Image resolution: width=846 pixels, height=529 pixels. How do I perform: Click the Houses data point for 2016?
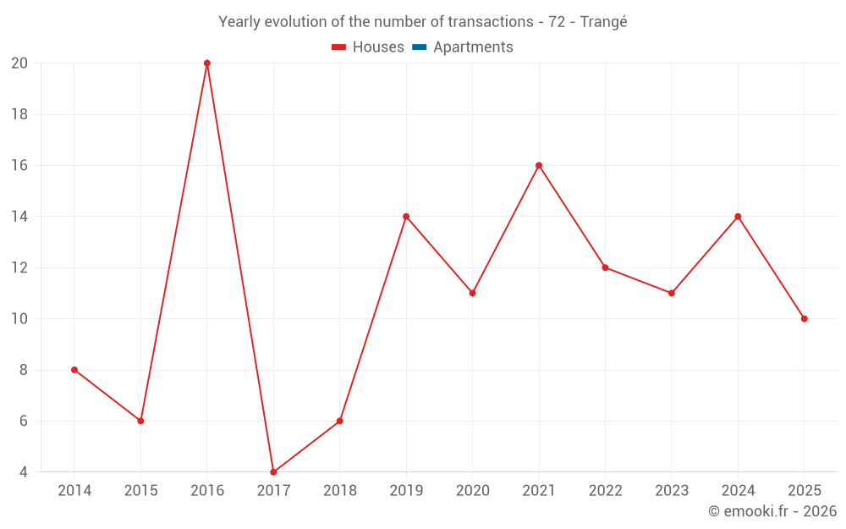point(207,63)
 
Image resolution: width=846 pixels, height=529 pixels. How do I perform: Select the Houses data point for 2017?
point(273,472)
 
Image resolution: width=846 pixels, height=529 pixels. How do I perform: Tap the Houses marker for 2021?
point(539,166)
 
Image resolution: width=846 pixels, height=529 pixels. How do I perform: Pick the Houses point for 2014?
point(74,370)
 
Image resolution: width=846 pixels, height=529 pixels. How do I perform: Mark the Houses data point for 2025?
point(804,319)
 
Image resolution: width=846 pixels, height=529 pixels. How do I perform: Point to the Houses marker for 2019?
point(406,217)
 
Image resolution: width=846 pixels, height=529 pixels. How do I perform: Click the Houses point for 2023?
point(672,294)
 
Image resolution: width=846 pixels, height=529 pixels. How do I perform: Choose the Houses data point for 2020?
point(472,294)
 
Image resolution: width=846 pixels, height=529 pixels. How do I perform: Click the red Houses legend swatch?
point(338,47)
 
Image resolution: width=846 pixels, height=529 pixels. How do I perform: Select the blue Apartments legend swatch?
point(419,47)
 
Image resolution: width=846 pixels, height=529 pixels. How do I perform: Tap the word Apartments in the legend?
point(473,47)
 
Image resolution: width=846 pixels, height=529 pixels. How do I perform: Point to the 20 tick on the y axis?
point(19,63)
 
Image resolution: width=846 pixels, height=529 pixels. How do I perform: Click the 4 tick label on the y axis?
point(24,472)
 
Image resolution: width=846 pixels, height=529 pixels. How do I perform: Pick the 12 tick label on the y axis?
point(19,267)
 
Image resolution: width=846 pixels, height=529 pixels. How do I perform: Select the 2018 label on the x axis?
point(339,491)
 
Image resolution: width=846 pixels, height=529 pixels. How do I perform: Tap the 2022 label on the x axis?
point(605,491)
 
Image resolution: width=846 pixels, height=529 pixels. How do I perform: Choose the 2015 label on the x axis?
point(140,491)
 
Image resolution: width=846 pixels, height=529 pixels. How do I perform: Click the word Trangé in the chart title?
point(603,22)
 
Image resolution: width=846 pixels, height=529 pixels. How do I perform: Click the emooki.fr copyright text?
point(772,511)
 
